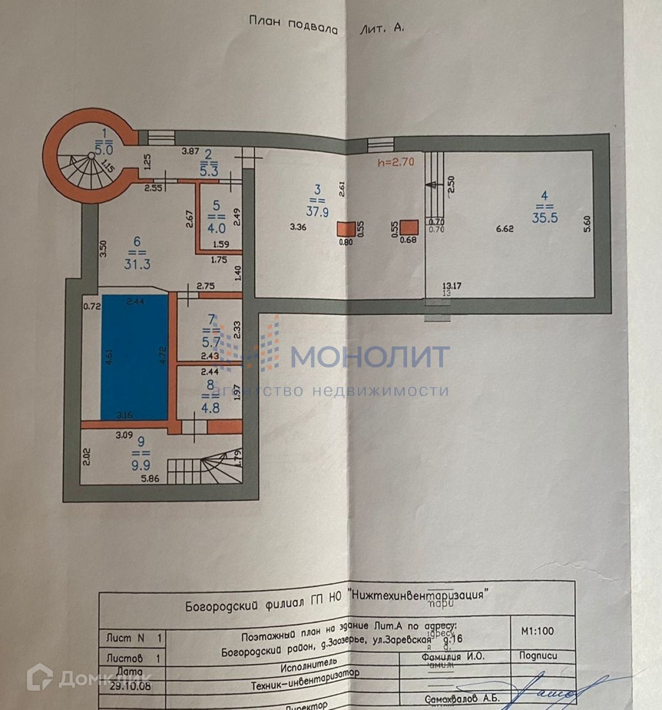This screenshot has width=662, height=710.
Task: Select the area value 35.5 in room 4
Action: [544, 217]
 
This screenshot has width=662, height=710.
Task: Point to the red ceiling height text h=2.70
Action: [396, 162]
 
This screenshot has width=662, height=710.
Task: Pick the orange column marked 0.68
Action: [409, 227]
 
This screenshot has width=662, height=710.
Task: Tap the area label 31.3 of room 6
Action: [137, 264]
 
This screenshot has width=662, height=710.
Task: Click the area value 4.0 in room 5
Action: [216, 227]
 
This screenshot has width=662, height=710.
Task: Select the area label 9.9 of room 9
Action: [141, 465]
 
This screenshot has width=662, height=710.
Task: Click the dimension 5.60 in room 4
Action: [587, 223]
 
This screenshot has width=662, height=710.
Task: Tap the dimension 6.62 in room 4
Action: [505, 228]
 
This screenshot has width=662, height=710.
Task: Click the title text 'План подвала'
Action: [293, 25]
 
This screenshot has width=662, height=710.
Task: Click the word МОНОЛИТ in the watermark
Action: [370, 357]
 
